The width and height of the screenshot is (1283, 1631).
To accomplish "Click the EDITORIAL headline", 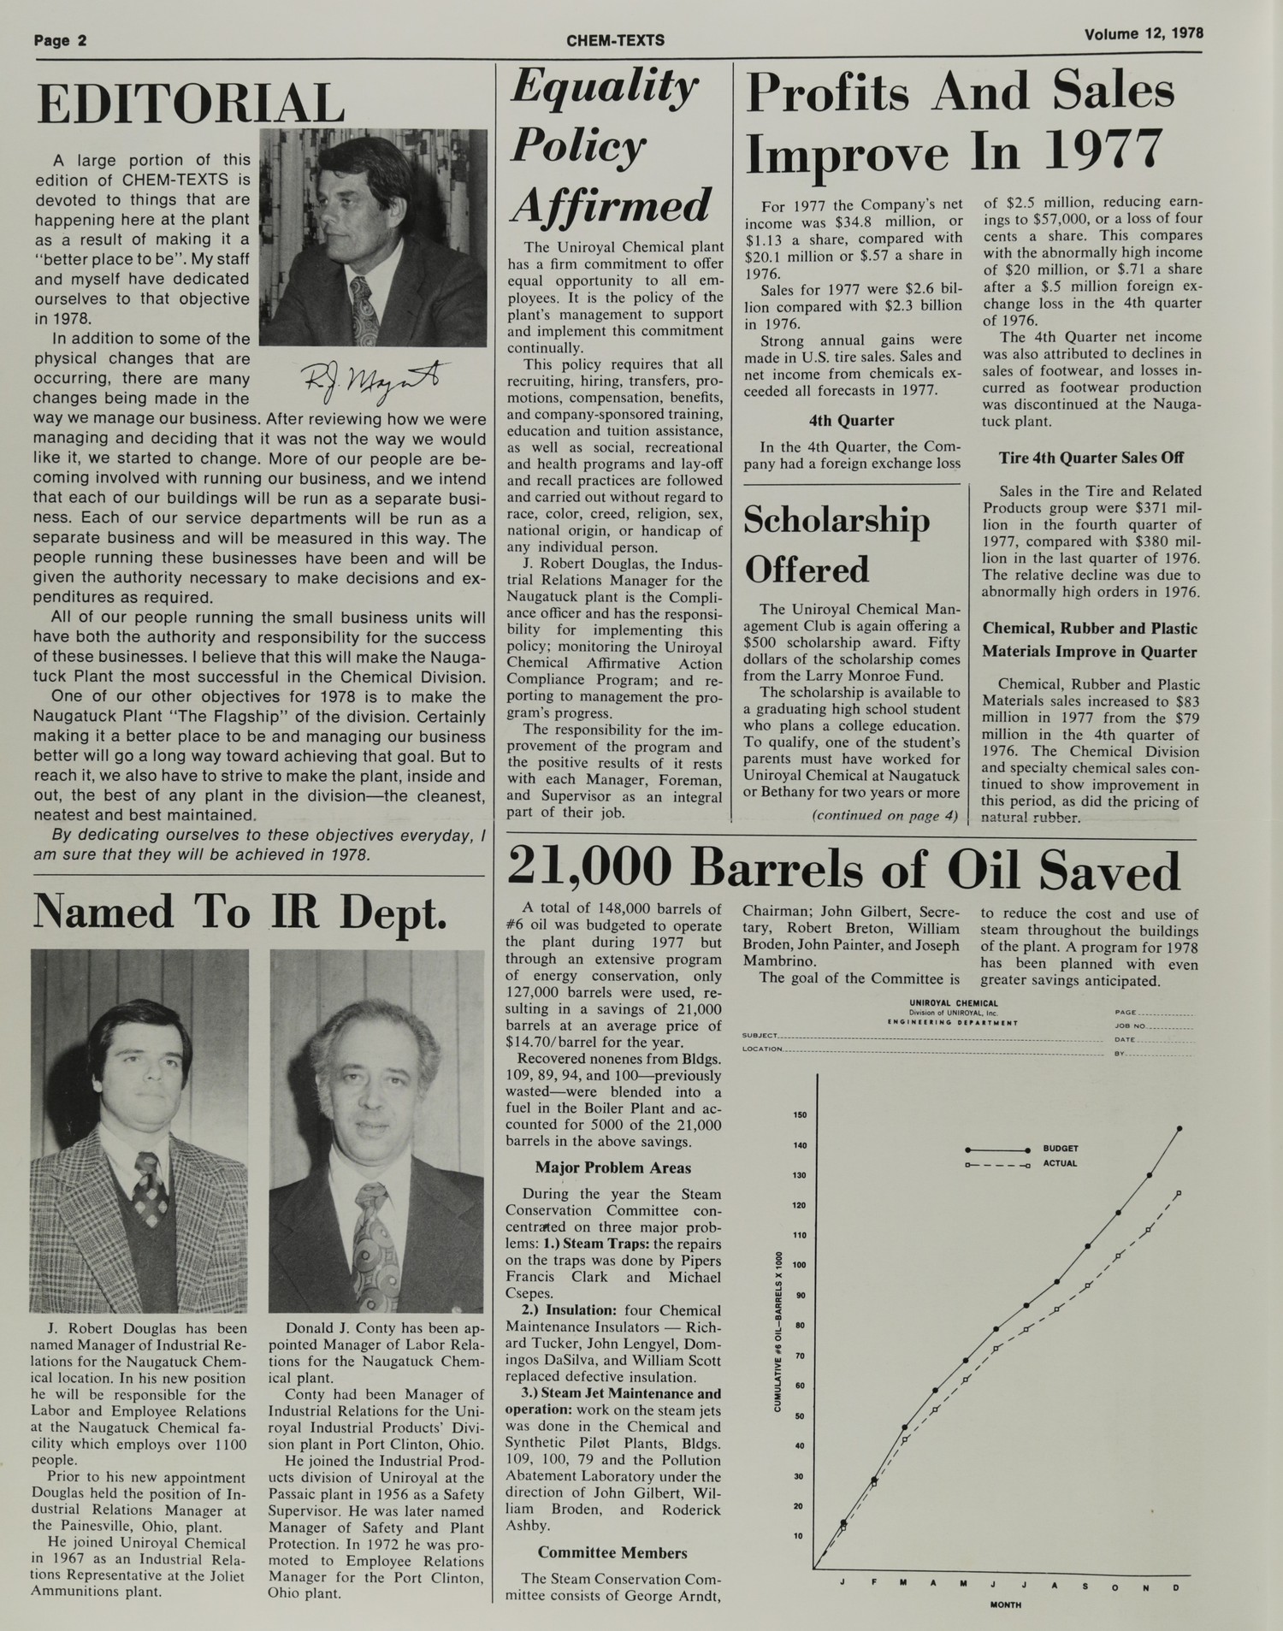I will [189, 103].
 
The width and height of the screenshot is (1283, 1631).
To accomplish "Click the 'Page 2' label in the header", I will [61, 40].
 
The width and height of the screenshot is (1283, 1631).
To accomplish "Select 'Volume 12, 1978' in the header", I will [1144, 34].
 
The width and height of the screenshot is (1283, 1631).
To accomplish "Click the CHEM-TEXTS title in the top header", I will [615, 40].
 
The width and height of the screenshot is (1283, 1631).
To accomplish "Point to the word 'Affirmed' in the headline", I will [611, 205].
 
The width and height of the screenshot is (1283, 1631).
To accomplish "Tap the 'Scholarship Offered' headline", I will [835, 545].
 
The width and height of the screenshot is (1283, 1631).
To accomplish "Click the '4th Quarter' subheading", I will [851, 421].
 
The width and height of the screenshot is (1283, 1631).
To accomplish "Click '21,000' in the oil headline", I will [589, 871].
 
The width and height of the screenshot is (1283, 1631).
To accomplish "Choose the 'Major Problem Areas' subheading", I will [612, 1167].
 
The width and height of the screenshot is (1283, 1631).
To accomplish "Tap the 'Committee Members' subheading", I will [612, 1552].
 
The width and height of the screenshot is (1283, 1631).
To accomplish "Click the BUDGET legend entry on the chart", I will [1060, 1148].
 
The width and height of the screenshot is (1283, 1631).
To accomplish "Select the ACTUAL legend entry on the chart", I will [1059, 1163].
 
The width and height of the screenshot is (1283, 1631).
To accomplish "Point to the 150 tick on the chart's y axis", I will [801, 1114].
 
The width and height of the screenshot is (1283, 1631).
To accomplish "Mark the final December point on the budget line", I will [1180, 1129].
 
